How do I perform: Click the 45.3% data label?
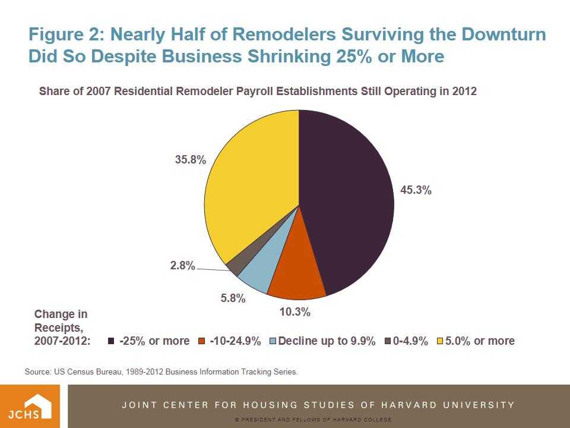click(x=416, y=191)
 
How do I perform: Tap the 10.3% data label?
click(x=295, y=311)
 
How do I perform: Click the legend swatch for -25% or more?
click(x=111, y=341)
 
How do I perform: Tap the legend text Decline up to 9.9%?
click(x=327, y=341)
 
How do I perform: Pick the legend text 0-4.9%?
click(x=410, y=341)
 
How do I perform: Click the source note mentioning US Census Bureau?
click(x=161, y=372)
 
